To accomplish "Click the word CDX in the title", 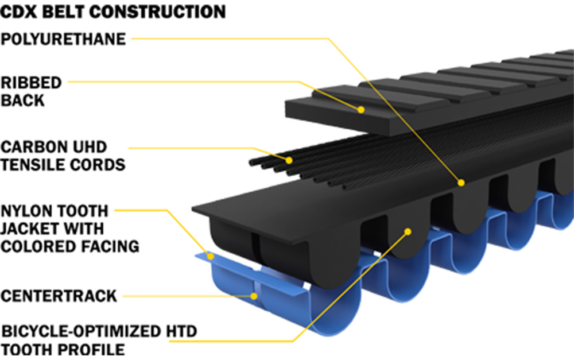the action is click(x=19, y=12).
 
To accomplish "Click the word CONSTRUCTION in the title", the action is click(x=158, y=12).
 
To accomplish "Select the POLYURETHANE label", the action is click(x=63, y=39).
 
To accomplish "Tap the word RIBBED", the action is click(x=31, y=83).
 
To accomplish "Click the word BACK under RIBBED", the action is click(x=23, y=100).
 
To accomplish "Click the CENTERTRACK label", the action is click(x=59, y=296).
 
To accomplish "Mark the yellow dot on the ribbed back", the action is click(x=361, y=110).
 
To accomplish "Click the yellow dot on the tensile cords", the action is click(x=289, y=160).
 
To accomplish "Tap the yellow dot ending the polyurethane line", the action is click(x=461, y=183).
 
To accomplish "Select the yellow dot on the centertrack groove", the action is click(x=254, y=296).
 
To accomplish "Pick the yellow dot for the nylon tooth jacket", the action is click(x=211, y=256).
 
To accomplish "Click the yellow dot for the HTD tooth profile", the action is click(x=408, y=231).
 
